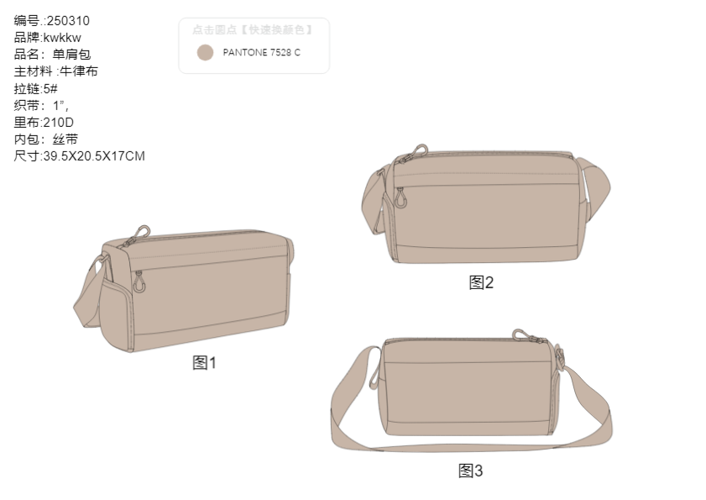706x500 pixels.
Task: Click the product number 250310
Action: [x=69, y=21]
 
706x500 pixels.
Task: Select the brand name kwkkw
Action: [x=63, y=38]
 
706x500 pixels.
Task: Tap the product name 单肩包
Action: [x=71, y=55]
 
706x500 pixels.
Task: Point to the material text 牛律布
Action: [x=79, y=71]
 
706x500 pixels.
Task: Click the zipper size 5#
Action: [x=50, y=88]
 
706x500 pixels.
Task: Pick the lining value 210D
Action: [x=59, y=122]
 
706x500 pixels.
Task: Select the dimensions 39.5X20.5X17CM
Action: [x=94, y=156]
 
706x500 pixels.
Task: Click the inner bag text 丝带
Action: [x=65, y=139]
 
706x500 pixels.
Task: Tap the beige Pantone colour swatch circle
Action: [x=205, y=53]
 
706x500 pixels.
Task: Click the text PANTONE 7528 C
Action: [x=262, y=52]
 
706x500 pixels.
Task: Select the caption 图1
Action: [x=205, y=362]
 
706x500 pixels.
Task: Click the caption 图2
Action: [x=481, y=282]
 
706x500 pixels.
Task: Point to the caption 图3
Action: [x=470, y=471]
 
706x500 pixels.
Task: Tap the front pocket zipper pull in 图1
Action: [x=139, y=282]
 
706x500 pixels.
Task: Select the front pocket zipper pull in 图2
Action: [x=400, y=198]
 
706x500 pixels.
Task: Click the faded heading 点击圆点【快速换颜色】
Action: [x=253, y=29]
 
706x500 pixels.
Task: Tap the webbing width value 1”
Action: [x=60, y=106]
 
